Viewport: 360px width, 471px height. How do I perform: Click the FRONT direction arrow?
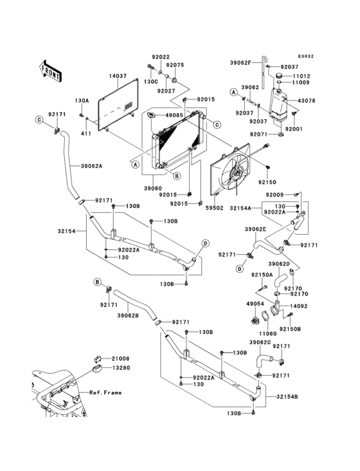(x=51, y=71)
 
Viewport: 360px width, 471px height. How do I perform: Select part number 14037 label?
(x=118, y=77)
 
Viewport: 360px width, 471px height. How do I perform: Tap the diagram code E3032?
(x=306, y=56)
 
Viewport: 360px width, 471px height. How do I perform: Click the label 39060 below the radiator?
(x=153, y=189)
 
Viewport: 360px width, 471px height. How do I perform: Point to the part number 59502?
(x=215, y=208)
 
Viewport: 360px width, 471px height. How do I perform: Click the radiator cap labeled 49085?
(x=151, y=115)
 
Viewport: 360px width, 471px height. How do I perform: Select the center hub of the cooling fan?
(x=236, y=174)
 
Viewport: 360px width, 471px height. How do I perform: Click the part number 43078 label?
(x=306, y=100)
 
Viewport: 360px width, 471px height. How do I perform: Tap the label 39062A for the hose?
(x=91, y=165)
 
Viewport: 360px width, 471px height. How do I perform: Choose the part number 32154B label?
(x=287, y=396)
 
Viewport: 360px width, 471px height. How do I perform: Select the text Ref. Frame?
(x=105, y=392)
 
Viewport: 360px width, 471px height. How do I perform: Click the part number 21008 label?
(x=121, y=358)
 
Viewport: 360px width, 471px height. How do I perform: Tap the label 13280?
(x=122, y=367)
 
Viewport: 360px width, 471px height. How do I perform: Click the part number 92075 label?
(x=175, y=65)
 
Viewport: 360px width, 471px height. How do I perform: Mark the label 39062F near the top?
(x=240, y=63)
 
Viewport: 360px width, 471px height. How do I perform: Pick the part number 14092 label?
(x=298, y=306)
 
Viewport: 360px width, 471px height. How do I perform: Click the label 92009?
(x=274, y=195)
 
